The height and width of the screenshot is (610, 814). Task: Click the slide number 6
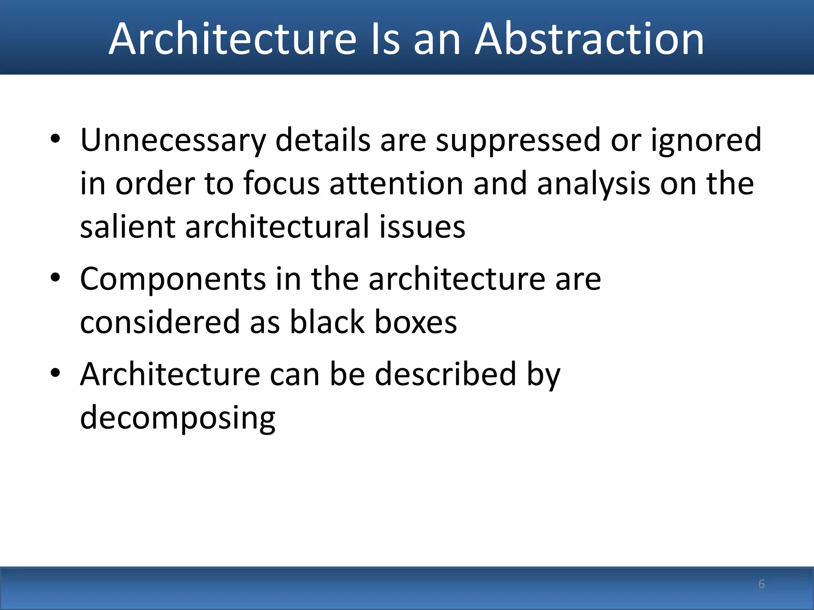pos(761,584)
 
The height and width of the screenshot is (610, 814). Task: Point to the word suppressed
pos(518,140)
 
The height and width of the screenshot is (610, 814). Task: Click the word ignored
pos(706,140)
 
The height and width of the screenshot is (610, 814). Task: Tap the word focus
pos(281,183)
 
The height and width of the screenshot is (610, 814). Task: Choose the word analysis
pos(594,183)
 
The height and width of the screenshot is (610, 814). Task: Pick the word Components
pos(173,279)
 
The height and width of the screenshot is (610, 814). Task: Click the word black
pos(327,322)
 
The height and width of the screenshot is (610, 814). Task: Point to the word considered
pos(160,322)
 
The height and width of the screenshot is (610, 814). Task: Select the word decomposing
pos(178,418)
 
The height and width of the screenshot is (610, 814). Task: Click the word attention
pos(396,183)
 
